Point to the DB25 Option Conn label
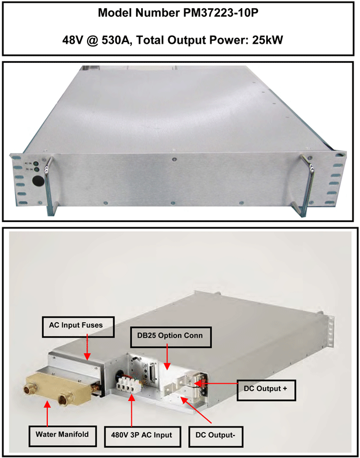170,335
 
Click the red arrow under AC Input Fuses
87,347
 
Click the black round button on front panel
37,181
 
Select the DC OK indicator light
37,169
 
